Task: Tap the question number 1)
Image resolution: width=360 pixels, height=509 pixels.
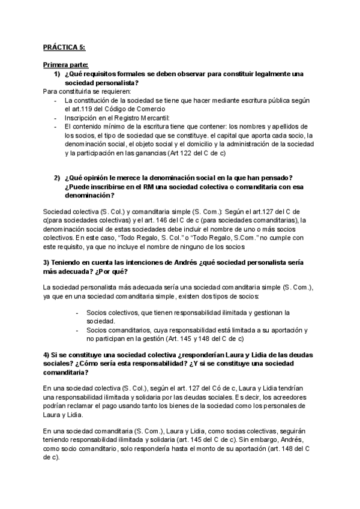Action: (58, 73)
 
